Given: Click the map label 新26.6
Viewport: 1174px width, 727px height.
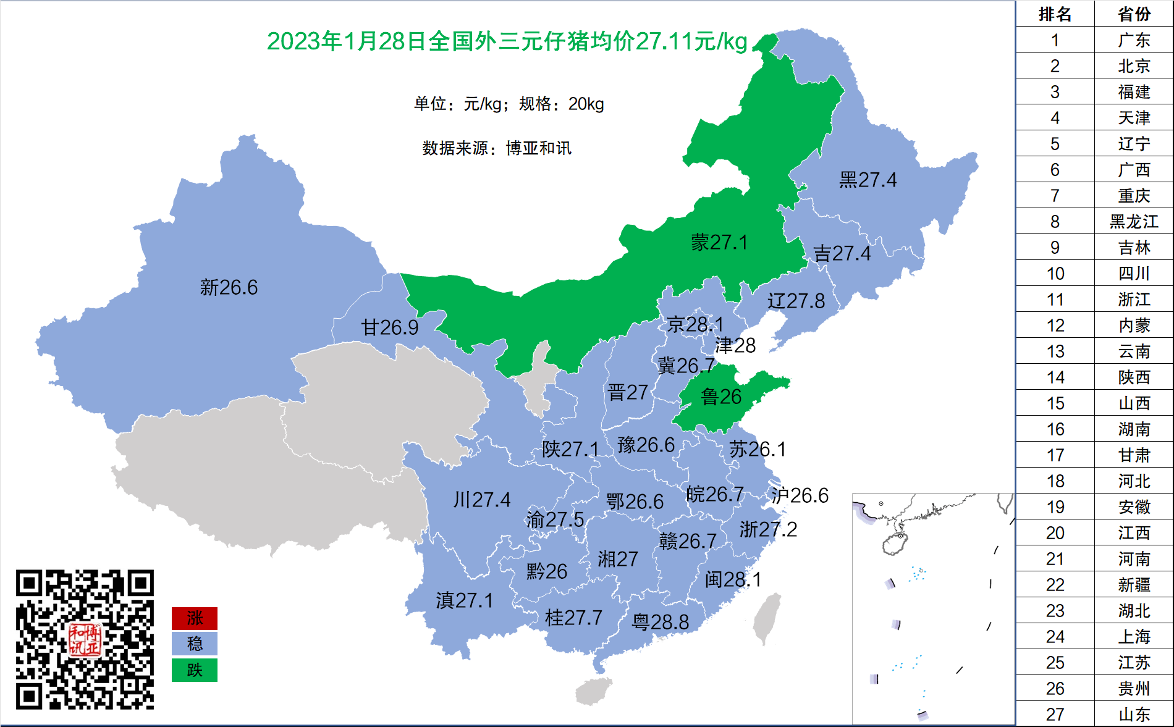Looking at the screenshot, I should [x=229, y=288].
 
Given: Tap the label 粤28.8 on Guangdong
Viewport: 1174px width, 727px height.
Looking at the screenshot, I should [x=660, y=622].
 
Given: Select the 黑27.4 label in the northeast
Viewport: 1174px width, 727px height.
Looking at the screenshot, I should [x=868, y=180].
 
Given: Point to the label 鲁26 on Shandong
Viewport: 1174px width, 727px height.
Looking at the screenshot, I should [x=721, y=397].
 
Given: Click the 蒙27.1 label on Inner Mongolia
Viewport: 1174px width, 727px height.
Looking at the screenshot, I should [x=719, y=242].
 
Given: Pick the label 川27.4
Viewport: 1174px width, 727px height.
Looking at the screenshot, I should [x=481, y=500].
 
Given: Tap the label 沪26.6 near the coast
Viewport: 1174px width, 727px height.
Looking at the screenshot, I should [x=800, y=495].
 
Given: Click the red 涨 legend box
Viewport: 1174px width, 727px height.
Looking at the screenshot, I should [x=195, y=618].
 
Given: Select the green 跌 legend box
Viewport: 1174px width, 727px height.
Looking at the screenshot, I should [x=195, y=670].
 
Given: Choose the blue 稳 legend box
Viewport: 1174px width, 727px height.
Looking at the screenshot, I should [x=195, y=644].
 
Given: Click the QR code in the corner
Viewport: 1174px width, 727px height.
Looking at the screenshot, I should [x=85, y=639].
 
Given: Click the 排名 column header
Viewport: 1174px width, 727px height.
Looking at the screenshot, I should [x=1055, y=14].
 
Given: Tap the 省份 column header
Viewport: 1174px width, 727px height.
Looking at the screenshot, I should [x=1134, y=14].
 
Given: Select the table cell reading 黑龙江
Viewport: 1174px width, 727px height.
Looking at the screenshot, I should [x=1134, y=221].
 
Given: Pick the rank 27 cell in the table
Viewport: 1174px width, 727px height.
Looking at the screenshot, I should [x=1055, y=714].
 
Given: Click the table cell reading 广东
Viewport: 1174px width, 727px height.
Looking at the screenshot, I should [x=1134, y=40].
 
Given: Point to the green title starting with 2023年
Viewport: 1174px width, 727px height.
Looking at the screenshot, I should [x=507, y=41].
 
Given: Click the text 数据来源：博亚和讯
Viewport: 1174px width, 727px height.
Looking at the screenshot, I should [x=497, y=148].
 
